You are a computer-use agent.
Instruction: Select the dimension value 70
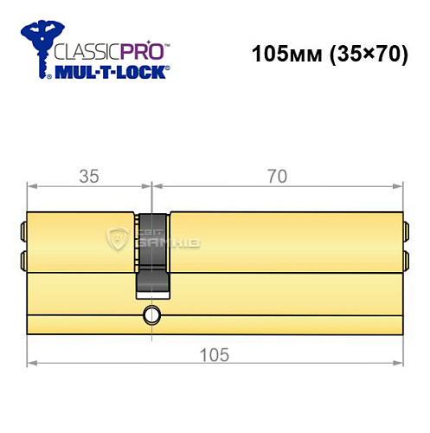(x=277, y=176)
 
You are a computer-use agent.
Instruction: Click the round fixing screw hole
(x=152, y=313)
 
